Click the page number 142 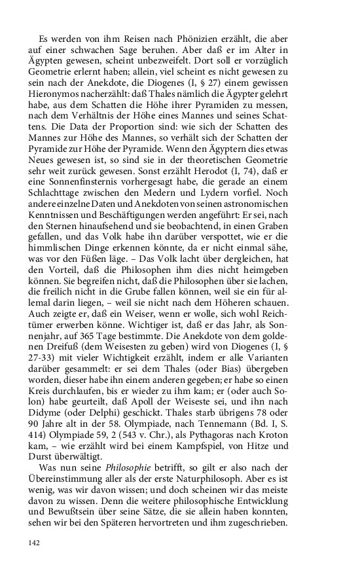point(37,561)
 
